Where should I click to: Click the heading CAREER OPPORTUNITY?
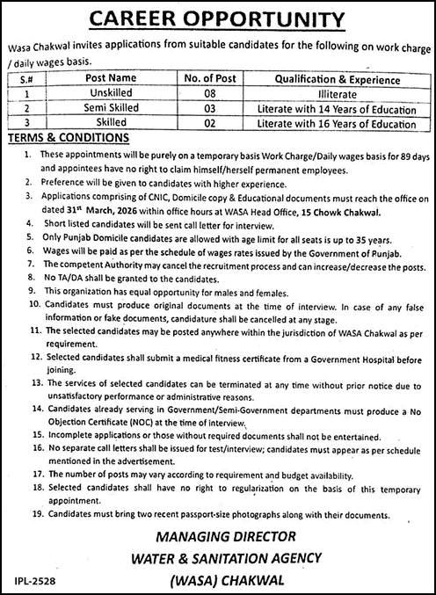point(217,18)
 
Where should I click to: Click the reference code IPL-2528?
point(35,582)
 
